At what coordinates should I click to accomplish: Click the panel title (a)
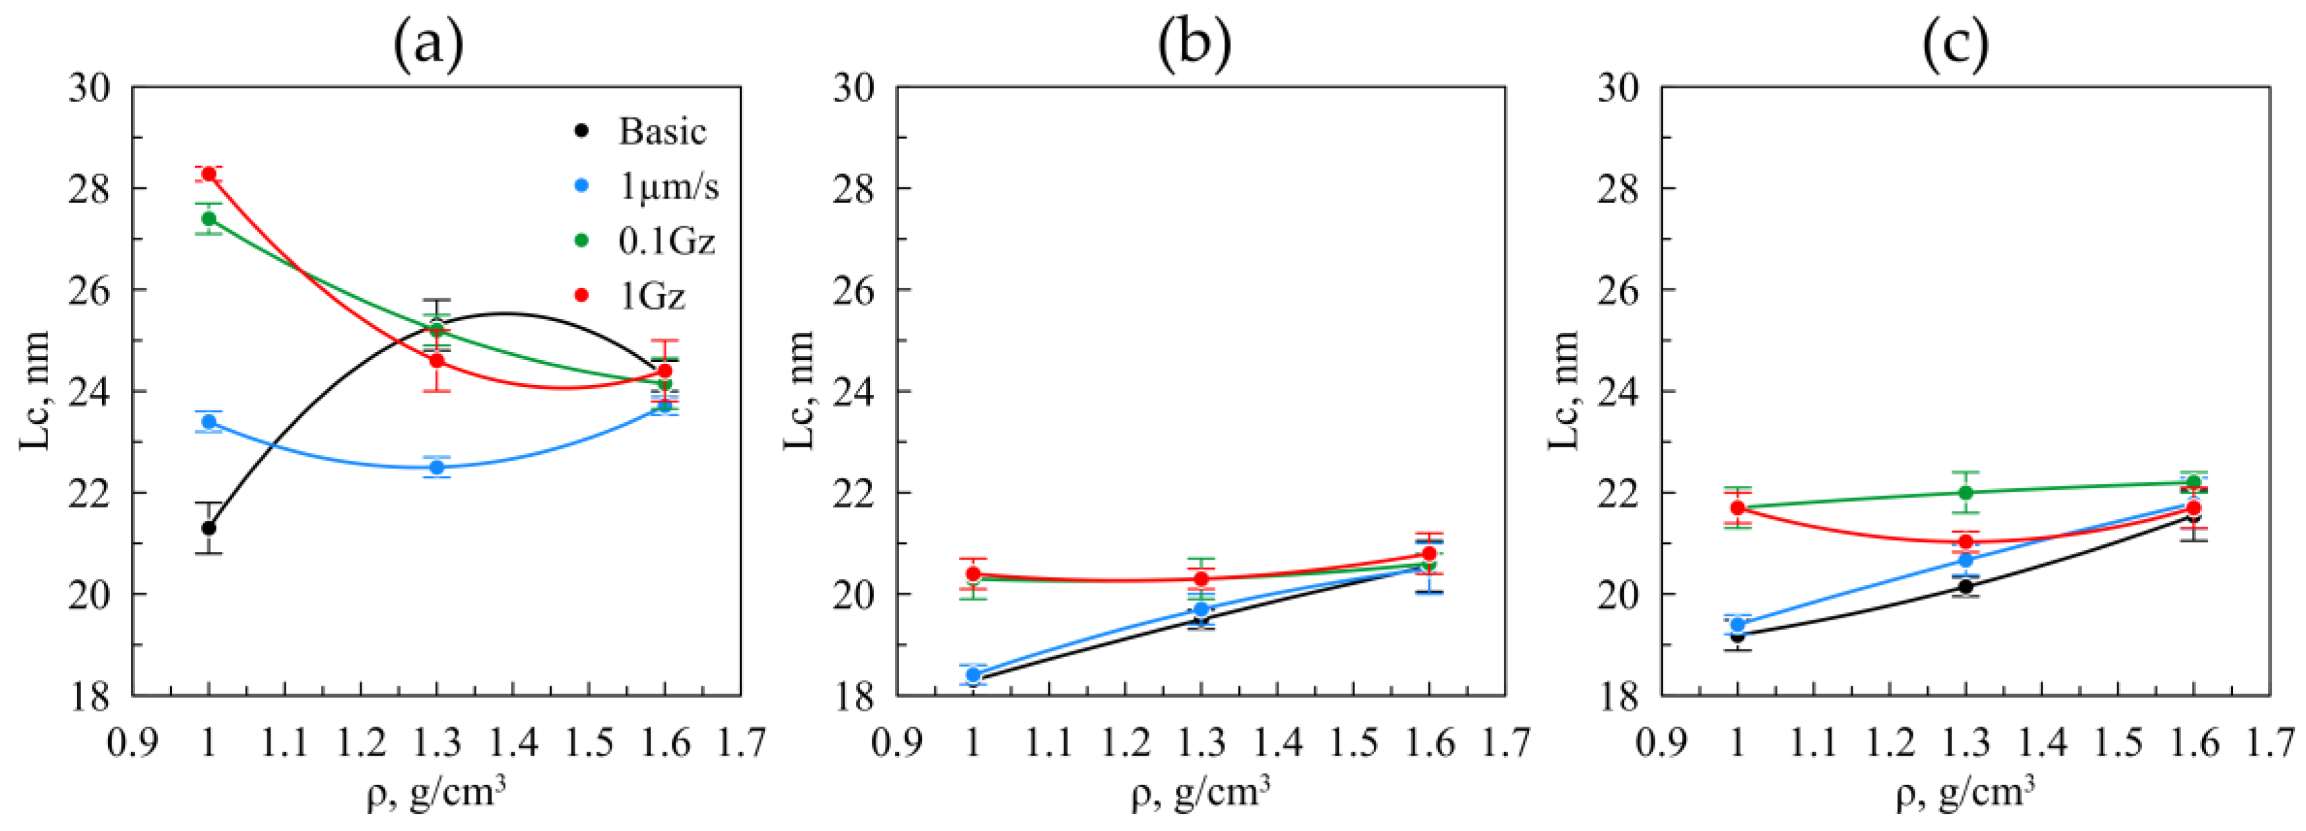click(429, 45)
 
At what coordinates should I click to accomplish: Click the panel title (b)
click(1193, 45)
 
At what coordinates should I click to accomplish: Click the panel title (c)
click(1957, 45)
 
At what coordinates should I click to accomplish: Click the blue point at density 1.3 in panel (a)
click(437, 467)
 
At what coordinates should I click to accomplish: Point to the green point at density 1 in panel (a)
click(209, 218)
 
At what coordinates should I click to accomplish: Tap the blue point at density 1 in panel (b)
click(973, 674)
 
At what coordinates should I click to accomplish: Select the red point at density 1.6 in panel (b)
click(1428, 553)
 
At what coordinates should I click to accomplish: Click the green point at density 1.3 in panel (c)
click(1966, 492)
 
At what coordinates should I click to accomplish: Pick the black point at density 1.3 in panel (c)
click(1966, 587)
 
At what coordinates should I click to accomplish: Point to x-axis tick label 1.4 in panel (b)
click(1277, 743)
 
